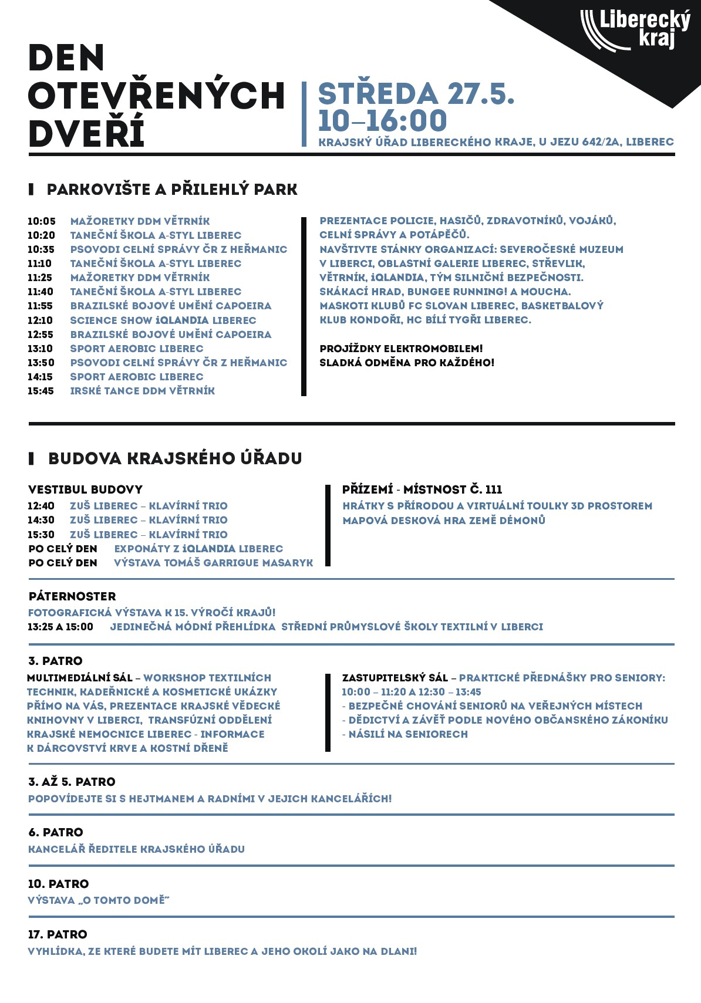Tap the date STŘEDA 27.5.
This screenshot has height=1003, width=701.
(416, 94)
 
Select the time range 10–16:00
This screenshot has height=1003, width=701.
(382, 121)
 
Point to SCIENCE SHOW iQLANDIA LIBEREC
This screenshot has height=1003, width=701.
(163, 320)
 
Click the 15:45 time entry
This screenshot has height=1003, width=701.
(41, 391)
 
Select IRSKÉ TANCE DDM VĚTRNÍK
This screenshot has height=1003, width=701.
(143, 391)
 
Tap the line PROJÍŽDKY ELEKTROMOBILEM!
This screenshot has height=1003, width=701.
(401, 349)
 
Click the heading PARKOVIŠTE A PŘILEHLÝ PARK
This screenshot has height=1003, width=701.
(172, 190)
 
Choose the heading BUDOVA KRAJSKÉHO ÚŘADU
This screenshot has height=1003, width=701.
(175, 458)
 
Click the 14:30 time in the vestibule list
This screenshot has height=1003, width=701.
(41, 520)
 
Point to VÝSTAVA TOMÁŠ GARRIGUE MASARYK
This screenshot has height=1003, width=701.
(214, 563)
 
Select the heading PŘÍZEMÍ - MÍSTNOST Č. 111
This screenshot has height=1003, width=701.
(422, 489)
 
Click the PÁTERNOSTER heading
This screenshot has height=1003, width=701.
(72, 596)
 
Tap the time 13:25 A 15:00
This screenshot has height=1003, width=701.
(60, 627)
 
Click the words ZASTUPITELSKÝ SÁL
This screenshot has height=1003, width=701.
(395, 678)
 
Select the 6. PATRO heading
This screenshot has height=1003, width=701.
(56, 832)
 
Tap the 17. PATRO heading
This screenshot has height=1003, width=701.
(58, 934)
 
